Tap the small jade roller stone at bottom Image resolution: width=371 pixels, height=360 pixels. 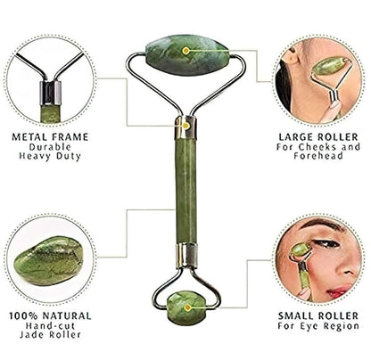[x=185, y=305]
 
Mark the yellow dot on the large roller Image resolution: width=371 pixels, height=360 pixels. [x=185, y=52]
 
